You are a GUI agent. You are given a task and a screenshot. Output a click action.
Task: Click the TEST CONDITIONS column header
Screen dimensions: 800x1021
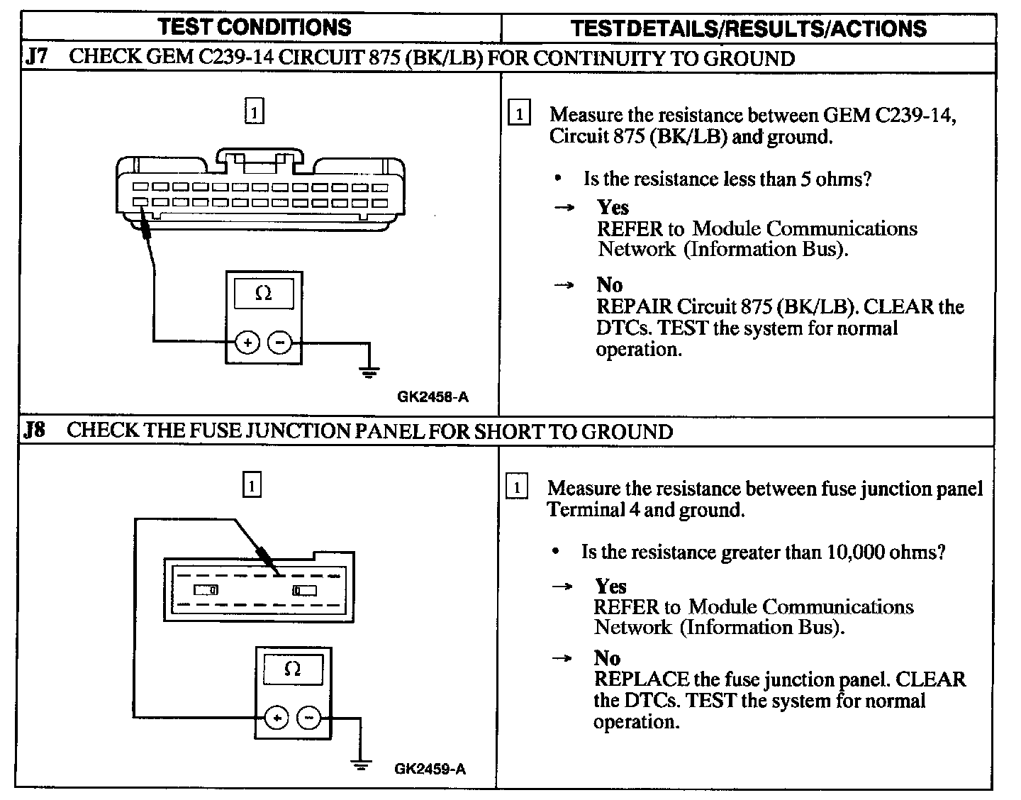(255, 27)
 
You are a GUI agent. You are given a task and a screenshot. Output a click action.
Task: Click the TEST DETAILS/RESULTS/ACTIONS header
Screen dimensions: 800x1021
(748, 28)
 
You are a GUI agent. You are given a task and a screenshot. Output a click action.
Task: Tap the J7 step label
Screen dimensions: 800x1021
(37, 57)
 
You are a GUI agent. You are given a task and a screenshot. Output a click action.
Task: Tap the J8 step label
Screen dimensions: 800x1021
(35, 431)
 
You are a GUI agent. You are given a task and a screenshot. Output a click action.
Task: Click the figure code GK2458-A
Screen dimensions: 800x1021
(433, 397)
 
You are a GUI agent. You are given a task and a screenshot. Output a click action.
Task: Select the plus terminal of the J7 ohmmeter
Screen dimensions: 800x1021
(248, 343)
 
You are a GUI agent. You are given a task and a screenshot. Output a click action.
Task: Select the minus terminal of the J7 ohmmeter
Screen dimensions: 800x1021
(280, 343)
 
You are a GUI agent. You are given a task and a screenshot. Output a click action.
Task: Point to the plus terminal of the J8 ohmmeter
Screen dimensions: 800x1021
(277, 718)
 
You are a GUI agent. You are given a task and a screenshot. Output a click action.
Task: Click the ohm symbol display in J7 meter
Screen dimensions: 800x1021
(264, 294)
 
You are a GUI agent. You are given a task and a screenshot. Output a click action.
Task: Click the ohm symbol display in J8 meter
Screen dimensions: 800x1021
(292, 670)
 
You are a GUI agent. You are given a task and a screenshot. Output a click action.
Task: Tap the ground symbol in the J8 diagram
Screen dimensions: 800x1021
(362, 764)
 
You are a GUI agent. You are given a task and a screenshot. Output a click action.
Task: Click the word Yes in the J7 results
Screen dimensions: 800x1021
(613, 207)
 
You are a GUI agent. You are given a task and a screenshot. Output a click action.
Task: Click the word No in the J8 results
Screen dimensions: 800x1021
(608, 657)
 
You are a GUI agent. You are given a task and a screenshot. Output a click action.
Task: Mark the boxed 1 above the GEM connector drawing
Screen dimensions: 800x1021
(254, 112)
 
